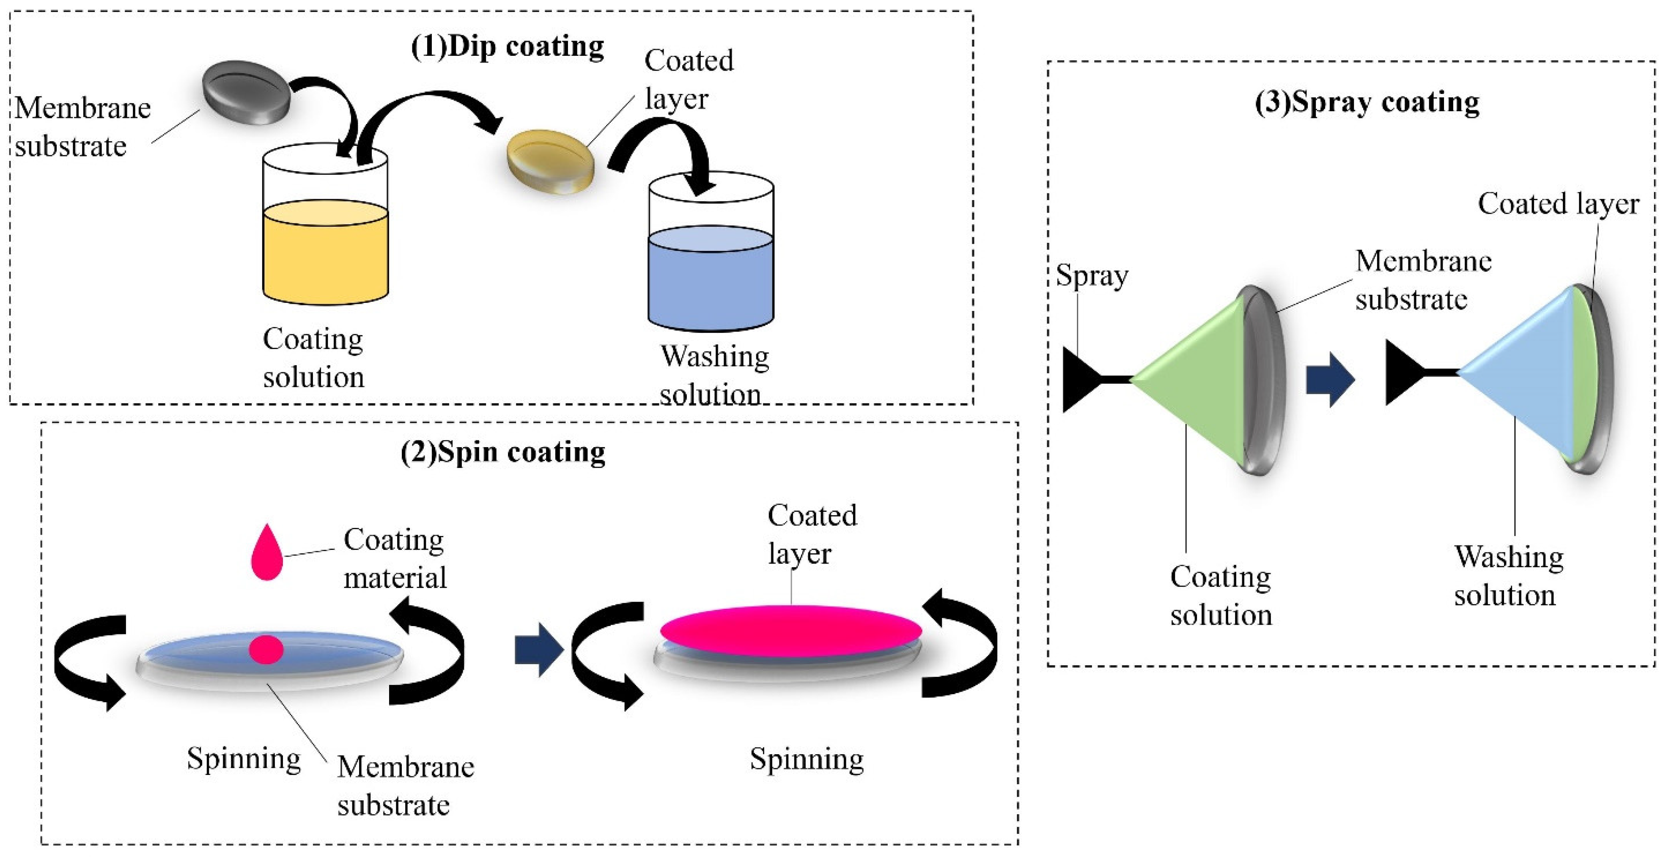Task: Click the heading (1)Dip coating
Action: tap(508, 47)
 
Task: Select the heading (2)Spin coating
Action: tap(503, 452)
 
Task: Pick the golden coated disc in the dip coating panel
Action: tap(550, 162)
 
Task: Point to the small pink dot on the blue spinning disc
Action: tap(266, 649)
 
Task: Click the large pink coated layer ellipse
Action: tap(791, 630)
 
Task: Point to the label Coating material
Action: tap(395, 558)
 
